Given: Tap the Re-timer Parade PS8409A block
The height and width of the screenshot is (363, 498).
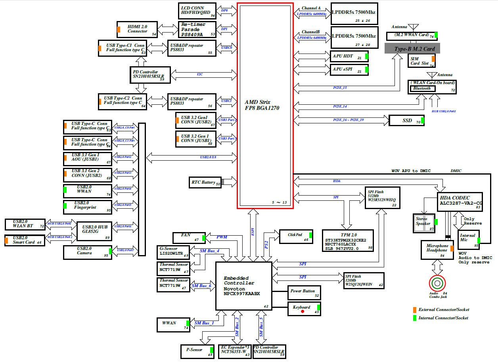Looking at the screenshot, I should (x=198, y=29).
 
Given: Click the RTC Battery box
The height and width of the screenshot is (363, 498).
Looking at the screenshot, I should (x=206, y=182).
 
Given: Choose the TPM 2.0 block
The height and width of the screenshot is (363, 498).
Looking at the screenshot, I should (x=348, y=240).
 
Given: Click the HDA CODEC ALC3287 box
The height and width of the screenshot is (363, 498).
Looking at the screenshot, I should (x=460, y=201).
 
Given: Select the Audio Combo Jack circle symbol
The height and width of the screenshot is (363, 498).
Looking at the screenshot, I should (x=437, y=283).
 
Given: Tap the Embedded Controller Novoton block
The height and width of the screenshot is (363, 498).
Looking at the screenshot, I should (x=243, y=286).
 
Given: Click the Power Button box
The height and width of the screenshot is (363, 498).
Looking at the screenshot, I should (x=304, y=293).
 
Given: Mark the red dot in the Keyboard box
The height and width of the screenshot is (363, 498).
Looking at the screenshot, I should (x=303, y=312).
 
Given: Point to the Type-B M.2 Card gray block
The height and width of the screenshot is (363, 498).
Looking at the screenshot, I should (x=412, y=48).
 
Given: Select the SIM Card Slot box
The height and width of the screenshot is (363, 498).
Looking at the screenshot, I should (x=421, y=61).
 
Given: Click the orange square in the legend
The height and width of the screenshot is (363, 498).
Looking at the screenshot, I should (x=414, y=309).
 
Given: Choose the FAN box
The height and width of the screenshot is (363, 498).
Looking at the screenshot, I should (x=189, y=237).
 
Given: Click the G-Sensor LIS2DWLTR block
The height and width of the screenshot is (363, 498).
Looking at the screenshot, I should (x=173, y=251).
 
